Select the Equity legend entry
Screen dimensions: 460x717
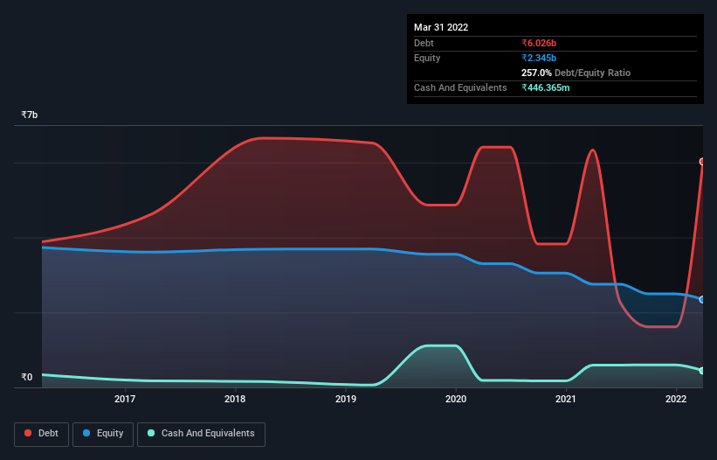point(103,434)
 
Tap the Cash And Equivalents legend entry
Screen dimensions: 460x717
point(201,434)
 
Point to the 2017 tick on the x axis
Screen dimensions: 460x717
point(125,400)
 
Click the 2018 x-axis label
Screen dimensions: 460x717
point(235,400)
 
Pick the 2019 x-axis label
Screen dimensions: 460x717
point(346,400)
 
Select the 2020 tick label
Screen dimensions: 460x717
point(456,400)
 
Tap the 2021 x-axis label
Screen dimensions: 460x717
point(566,400)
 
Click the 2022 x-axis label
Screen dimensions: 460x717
point(676,400)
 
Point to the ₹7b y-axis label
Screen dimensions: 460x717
point(30,115)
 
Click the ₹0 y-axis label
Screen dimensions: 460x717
point(27,378)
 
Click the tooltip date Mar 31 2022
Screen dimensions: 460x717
point(441,27)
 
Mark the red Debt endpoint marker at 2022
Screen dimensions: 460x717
point(701,162)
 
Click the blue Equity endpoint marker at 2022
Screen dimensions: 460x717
point(701,300)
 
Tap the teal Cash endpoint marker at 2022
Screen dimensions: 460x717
point(701,371)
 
